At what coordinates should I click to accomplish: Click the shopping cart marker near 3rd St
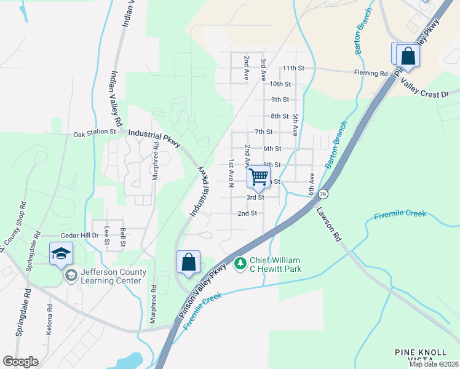pos(260,177)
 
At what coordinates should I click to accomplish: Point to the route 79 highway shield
pos(323,194)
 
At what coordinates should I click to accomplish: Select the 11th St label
pos(289,68)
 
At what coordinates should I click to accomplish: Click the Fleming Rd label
pos(371,73)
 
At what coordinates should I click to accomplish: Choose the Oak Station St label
pos(95,133)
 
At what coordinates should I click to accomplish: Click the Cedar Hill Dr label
pos(79,236)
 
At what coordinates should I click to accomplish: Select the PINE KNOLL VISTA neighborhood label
pos(421,357)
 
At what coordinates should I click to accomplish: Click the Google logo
pos(20,362)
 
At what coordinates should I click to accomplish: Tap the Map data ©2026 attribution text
pos(433,364)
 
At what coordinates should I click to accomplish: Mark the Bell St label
pos(123,237)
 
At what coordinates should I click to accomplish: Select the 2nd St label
pos(247,213)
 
